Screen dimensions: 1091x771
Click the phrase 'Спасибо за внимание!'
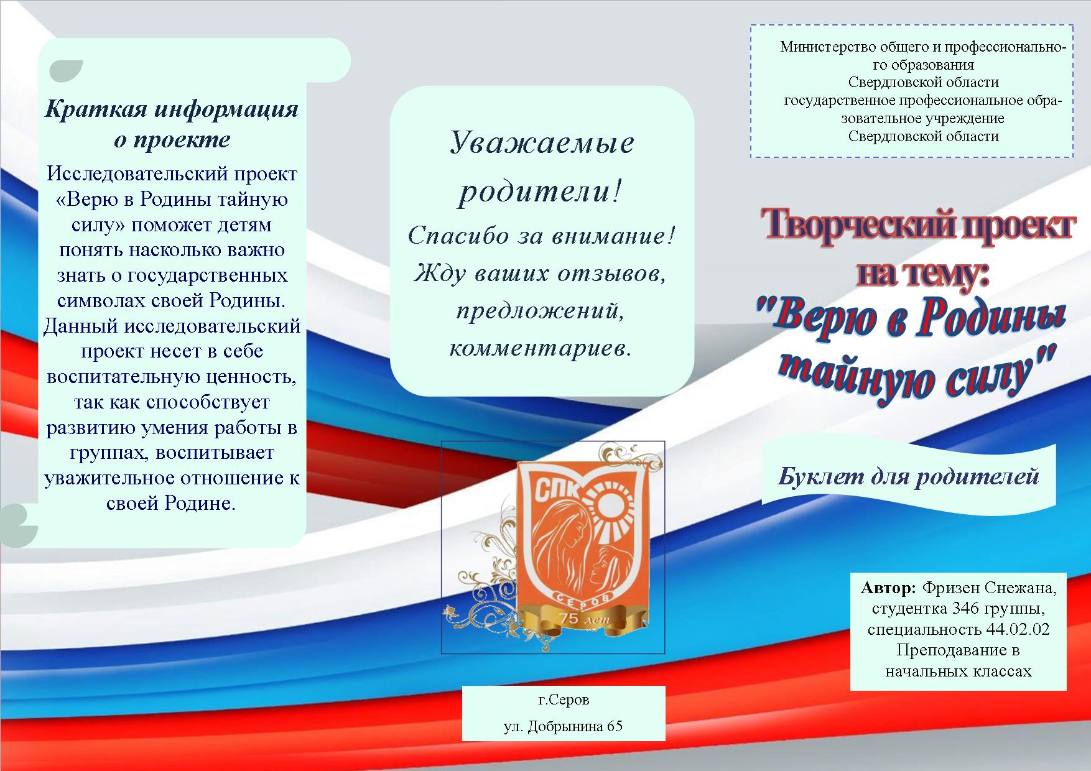[x=542, y=236]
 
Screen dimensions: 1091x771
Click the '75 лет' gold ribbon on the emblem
[x=578, y=619]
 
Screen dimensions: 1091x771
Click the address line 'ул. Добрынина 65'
[x=563, y=726]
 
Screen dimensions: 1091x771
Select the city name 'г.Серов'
[x=564, y=699]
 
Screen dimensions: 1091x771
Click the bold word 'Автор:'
[x=888, y=588]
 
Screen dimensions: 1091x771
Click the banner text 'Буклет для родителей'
[x=909, y=476]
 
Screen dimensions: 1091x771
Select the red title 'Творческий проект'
[x=919, y=226]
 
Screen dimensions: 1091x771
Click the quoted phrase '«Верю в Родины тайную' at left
[x=172, y=200]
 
